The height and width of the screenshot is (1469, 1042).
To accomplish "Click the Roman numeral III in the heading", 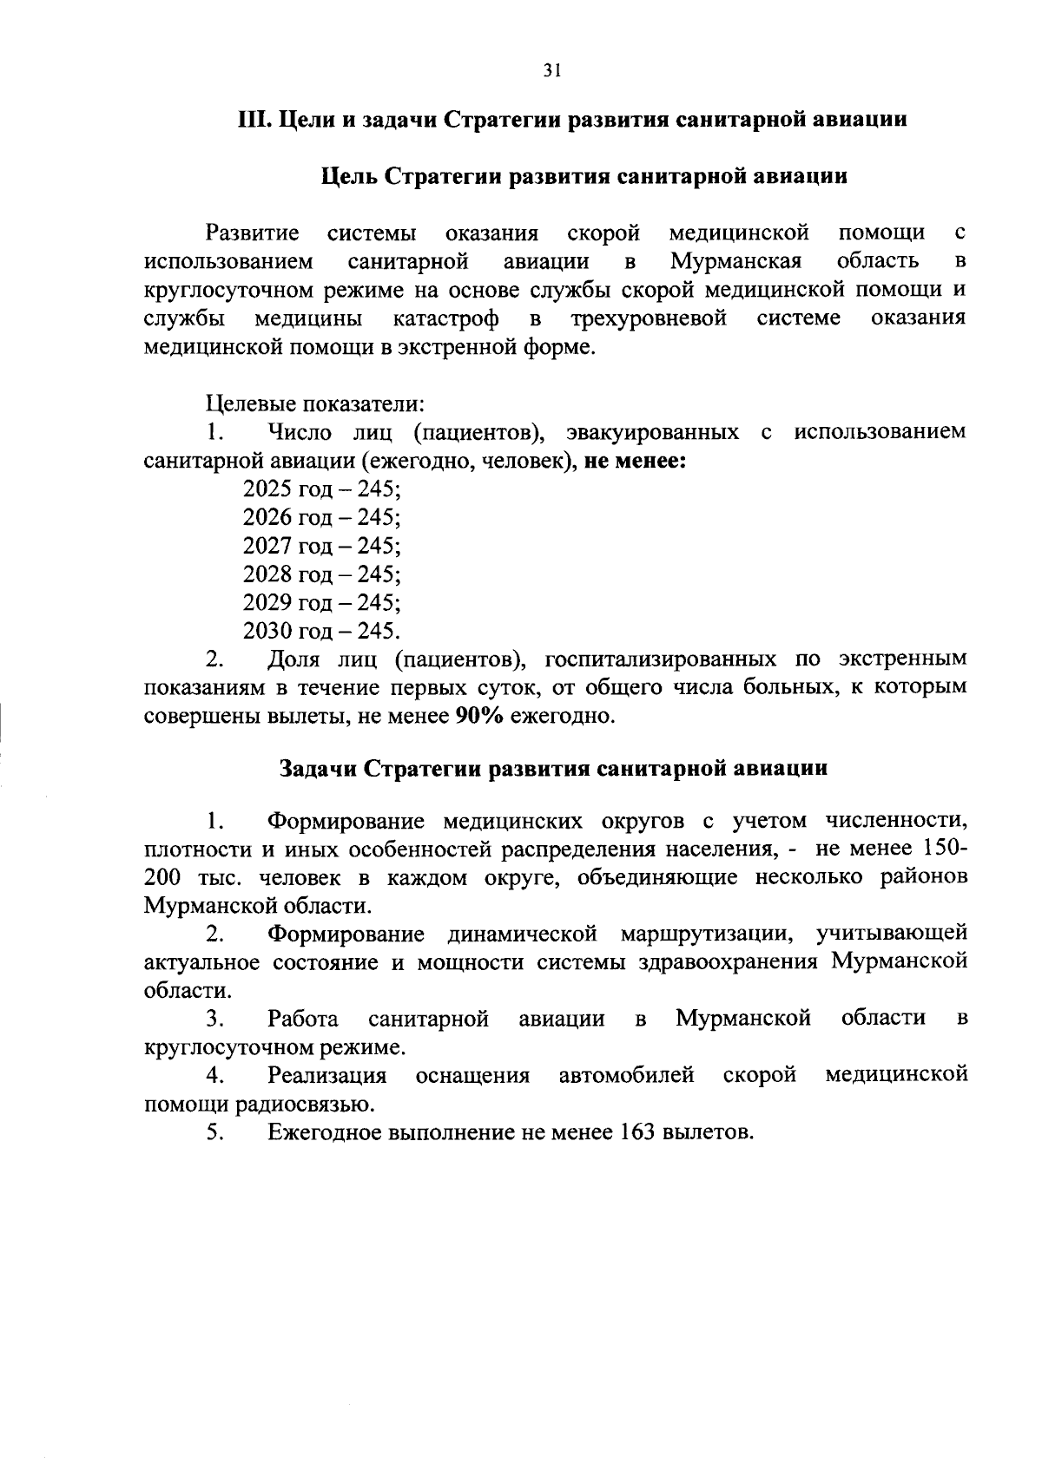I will point(254,120).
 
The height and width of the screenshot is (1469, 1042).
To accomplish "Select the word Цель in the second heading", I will point(349,177).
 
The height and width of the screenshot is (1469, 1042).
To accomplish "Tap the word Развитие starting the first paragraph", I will point(253,233).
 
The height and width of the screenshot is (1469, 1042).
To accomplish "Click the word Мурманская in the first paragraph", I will point(736,261).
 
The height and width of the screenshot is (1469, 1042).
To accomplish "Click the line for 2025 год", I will point(321,489).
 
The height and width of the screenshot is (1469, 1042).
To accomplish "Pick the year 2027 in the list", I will point(267,547).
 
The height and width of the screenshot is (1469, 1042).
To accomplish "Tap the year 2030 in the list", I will point(267,632).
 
